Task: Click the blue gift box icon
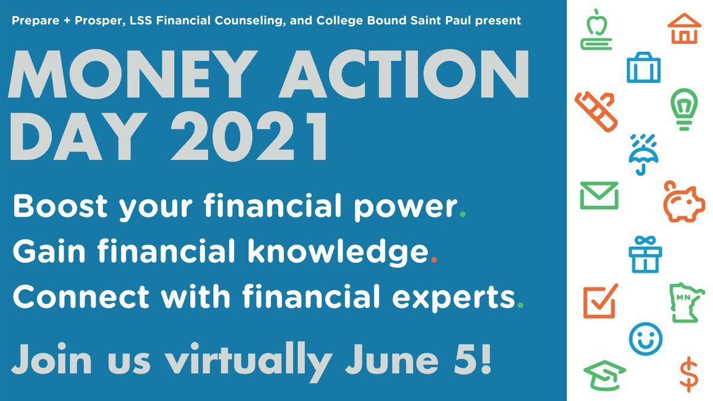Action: (645, 255)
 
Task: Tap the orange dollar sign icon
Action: (689, 374)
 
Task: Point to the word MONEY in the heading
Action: (132, 74)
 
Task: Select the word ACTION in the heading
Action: (403, 74)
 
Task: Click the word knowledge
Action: (338, 252)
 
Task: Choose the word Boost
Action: (60, 206)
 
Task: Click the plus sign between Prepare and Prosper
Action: (67, 21)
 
